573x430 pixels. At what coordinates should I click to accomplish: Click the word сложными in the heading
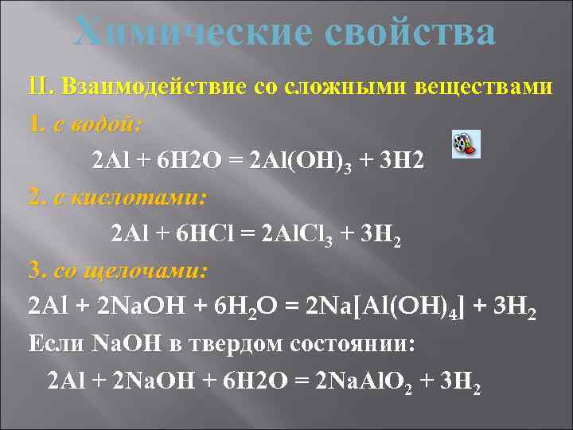357,86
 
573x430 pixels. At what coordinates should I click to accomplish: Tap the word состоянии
359,344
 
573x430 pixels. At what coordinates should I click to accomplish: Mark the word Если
55,344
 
